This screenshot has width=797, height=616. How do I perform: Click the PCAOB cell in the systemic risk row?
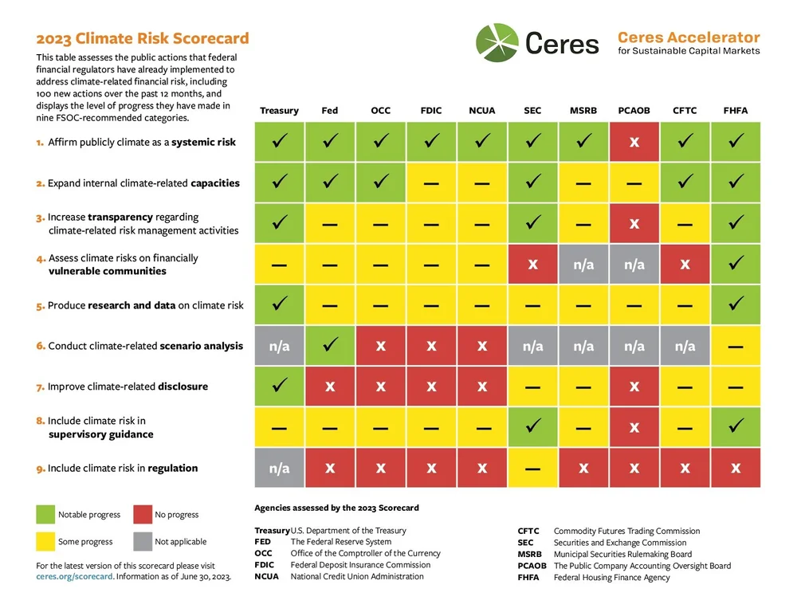(x=634, y=142)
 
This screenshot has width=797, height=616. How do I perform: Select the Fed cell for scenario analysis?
(x=330, y=346)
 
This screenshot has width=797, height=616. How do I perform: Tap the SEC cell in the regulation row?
(x=532, y=468)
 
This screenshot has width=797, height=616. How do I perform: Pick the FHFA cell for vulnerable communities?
(x=736, y=264)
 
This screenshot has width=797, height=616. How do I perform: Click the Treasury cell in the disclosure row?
(x=279, y=386)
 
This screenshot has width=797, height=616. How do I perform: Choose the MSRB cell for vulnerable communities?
(x=583, y=264)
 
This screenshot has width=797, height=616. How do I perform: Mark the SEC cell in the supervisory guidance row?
(x=532, y=427)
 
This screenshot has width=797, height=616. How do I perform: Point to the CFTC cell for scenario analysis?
(x=685, y=346)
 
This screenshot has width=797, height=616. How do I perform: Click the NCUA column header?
(x=481, y=111)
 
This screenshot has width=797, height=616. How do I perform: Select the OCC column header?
(x=380, y=111)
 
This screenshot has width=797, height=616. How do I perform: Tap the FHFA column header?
(x=735, y=111)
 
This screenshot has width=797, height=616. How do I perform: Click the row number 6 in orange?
(x=40, y=347)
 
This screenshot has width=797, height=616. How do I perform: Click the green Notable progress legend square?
(x=46, y=514)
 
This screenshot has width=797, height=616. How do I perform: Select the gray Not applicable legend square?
(x=143, y=541)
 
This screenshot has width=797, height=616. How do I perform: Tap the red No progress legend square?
(x=143, y=514)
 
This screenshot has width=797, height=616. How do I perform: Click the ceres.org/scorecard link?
(x=75, y=577)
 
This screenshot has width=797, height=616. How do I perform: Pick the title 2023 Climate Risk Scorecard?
(x=143, y=38)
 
